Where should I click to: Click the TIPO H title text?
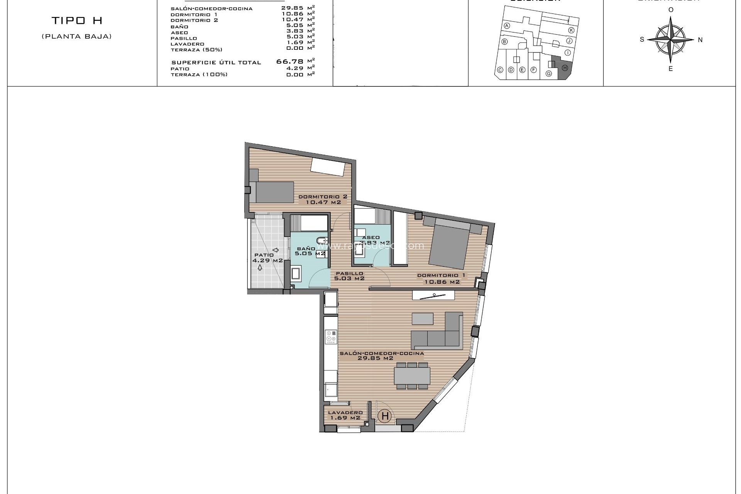pyautogui.click(x=77, y=21)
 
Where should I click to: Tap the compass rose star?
pyautogui.click(x=671, y=39)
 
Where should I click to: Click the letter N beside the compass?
pyautogui.click(x=700, y=40)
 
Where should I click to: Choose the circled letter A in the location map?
pyautogui.click(x=507, y=26)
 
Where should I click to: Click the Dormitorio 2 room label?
pyautogui.click(x=323, y=199)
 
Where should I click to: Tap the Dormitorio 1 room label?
pyautogui.click(x=442, y=279)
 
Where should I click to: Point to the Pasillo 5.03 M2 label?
pyautogui.click(x=349, y=276)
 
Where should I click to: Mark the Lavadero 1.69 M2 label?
pyautogui.click(x=344, y=415)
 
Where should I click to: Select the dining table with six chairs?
pyautogui.click(x=412, y=376)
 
